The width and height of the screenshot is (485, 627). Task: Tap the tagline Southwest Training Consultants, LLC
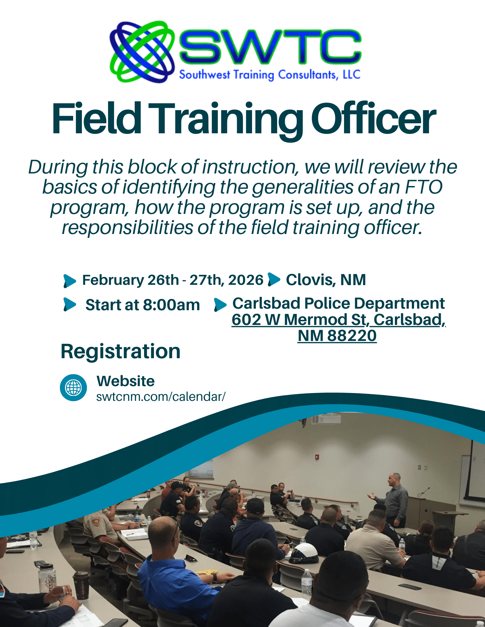click(x=270, y=75)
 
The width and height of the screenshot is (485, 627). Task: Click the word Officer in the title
click(x=374, y=119)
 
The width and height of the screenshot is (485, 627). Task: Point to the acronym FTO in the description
click(x=424, y=187)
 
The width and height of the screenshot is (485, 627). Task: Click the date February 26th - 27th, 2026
click(x=173, y=280)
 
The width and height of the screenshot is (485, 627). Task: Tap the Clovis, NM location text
click(x=326, y=279)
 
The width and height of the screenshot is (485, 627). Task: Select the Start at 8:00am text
click(x=143, y=305)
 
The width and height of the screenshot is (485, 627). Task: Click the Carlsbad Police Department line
click(x=338, y=303)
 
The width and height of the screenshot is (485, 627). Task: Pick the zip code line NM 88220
click(x=337, y=336)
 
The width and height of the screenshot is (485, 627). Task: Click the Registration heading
click(x=121, y=351)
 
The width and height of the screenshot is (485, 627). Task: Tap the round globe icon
click(x=73, y=388)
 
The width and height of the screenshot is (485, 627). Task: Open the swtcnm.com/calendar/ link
click(x=161, y=397)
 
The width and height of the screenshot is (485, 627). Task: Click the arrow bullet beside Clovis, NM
click(x=274, y=279)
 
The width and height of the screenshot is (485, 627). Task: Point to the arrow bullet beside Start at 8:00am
click(x=70, y=305)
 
